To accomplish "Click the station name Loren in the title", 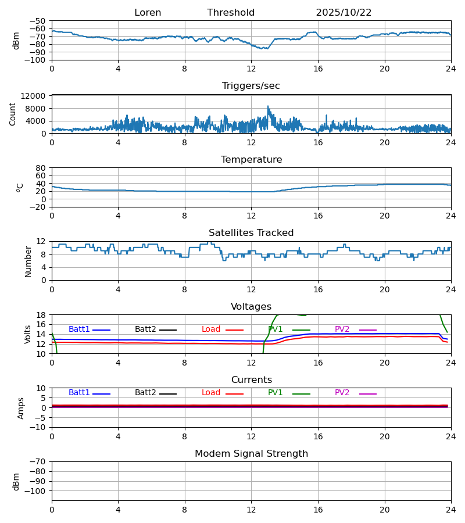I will pyautogui.click(x=148, y=13).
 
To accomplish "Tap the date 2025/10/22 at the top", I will pyautogui.click(x=344, y=13).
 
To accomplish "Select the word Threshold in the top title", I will pyautogui.click(x=231, y=13).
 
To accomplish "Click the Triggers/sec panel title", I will pyautogui.click(x=251, y=86).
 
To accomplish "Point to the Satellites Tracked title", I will pyautogui.click(x=251, y=233).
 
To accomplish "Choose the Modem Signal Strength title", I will pyautogui.click(x=251, y=454).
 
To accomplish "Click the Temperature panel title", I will pyautogui.click(x=251, y=160).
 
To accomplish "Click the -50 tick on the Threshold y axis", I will pyautogui.click(x=38, y=21).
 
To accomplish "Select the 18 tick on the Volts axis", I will pyautogui.click(x=42, y=315).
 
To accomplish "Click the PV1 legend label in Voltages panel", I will pyautogui.click(x=276, y=329).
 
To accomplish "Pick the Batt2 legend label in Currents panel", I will pyautogui.click(x=145, y=393).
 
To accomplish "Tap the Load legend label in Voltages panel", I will pyautogui.click(x=211, y=329).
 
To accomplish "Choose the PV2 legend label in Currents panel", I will pyautogui.click(x=342, y=393).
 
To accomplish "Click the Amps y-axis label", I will pyautogui.click(x=21, y=408).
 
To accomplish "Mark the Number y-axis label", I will pyautogui.click(x=28, y=261).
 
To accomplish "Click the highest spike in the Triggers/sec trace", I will pyautogui.click(x=268, y=106).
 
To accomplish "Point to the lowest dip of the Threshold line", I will pyautogui.click(x=267, y=49).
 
